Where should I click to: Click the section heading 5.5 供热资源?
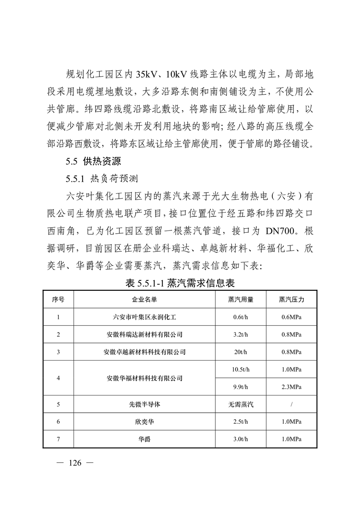(95, 161)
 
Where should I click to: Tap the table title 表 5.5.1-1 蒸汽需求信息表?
(180, 284)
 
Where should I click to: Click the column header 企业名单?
(144, 299)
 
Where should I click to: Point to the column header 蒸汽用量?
(240, 299)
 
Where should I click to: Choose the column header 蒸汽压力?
(291, 299)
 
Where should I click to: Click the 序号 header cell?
(58, 299)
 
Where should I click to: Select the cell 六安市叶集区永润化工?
(144, 317)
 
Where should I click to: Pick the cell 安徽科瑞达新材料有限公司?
(144, 334)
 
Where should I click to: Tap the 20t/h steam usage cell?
(240, 352)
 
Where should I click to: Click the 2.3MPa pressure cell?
(291, 387)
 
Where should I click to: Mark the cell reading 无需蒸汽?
(240, 404)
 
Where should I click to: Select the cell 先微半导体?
(144, 404)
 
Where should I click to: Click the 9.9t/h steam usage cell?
(240, 387)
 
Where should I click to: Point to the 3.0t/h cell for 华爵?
(240, 439)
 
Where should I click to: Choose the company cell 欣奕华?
(144, 421)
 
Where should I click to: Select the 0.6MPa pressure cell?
(291, 317)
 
